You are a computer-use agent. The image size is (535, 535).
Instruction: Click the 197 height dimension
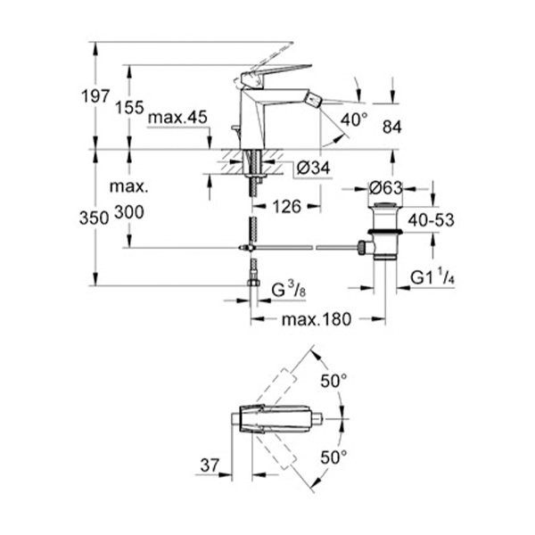(x=95, y=96)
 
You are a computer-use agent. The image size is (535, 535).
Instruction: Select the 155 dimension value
(x=129, y=108)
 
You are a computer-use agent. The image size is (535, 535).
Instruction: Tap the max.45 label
(x=177, y=118)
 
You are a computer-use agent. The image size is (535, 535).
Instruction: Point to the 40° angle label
(x=354, y=120)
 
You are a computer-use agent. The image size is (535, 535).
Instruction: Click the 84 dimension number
(x=392, y=127)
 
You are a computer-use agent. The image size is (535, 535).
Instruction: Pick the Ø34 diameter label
(x=313, y=168)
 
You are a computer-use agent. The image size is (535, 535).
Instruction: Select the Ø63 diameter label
(x=386, y=188)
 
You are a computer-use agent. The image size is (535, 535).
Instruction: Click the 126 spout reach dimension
(x=286, y=207)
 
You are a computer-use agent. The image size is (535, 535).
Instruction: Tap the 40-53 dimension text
(x=432, y=220)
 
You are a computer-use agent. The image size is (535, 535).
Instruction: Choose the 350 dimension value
(x=94, y=218)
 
